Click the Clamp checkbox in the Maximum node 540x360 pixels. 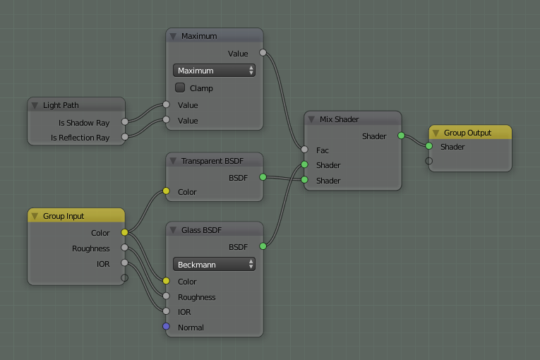pyautogui.click(x=180, y=88)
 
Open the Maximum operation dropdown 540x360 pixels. pyautogui.click(x=214, y=71)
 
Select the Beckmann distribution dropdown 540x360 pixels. pyautogui.click(x=214, y=265)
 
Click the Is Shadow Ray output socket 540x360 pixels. pyautogui.click(x=125, y=121)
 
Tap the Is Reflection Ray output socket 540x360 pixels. pyautogui.click(x=125, y=137)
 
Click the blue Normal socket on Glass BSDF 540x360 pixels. pyautogui.click(x=166, y=326)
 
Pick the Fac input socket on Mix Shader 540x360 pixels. pyautogui.click(x=304, y=150)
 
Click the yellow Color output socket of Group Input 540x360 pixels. pyautogui.click(x=125, y=232)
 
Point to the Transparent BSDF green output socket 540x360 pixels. pyautogui.click(x=263, y=177)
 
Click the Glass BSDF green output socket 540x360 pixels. pyautogui.click(x=263, y=246)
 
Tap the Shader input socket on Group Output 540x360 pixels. pyautogui.click(x=428, y=146)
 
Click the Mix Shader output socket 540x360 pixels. pyautogui.click(x=401, y=136)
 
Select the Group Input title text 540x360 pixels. pyautogui.click(x=64, y=216)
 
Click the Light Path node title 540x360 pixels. pyautogui.click(x=61, y=105)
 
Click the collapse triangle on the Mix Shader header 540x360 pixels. pyautogui.click(x=311, y=119)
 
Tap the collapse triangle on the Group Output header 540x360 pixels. pyautogui.click(x=436, y=133)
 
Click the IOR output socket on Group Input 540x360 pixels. pyautogui.click(x=125, y=263)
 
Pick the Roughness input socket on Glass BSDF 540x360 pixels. pyautogui.click(x=166, y=296)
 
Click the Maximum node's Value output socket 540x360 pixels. pyautogui.click(x=263, y=53)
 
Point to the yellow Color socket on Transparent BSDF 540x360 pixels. pyautogui.click(x=166, y=191)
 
